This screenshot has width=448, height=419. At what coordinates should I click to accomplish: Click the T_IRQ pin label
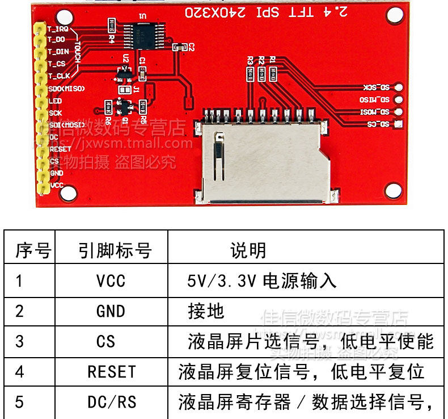58,28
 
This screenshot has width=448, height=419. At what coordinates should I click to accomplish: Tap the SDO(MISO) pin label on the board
66,89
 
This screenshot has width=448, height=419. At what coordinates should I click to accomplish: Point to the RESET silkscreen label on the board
60,149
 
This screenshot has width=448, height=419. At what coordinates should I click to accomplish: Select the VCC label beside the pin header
57,185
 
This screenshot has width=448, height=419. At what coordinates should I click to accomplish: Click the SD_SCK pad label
377,88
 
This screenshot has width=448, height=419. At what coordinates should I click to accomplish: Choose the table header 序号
33,250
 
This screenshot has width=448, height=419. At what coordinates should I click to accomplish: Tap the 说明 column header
248,250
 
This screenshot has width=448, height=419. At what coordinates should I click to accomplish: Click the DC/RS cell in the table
112,402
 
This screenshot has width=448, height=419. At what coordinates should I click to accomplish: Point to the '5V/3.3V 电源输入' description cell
261,280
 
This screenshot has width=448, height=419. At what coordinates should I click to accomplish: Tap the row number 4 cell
20,372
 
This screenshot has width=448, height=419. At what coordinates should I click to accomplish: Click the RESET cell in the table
112,372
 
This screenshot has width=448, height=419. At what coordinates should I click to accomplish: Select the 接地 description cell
206,311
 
